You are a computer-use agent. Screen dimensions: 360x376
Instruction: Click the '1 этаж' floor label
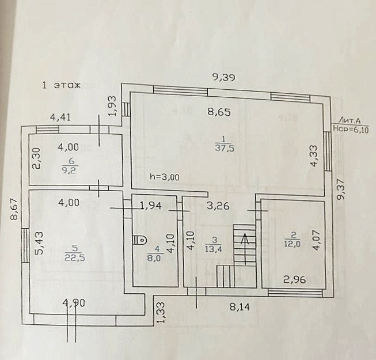(61, 85)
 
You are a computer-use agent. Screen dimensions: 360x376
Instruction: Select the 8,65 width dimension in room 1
(219, 113)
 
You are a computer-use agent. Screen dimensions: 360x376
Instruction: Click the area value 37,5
(222, 147)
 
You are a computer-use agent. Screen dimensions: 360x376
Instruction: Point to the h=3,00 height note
(163, 177)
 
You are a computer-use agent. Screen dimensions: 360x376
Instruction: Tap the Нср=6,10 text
(351, 131)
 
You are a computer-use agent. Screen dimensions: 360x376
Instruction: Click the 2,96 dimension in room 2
(295, 281)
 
